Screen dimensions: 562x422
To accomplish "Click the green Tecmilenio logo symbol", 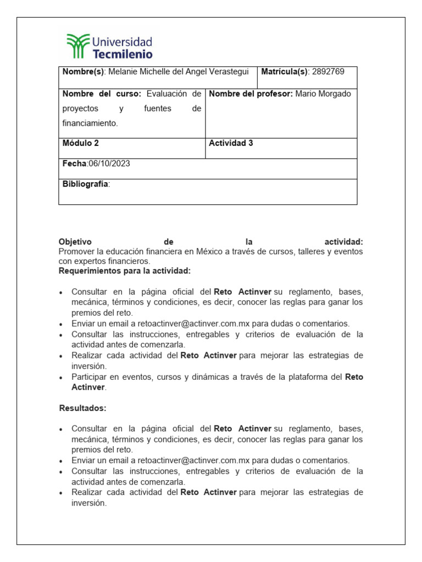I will pos(77,46).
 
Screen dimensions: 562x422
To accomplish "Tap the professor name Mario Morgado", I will pos(323,94).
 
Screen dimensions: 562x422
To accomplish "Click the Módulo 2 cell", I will pos(81,143).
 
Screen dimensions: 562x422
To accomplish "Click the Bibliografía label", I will pos(86,184).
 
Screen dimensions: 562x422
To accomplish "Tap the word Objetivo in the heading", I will pos(75,242).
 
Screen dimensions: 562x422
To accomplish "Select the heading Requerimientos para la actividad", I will pos(125,271).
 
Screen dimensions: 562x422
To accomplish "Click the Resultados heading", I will pos(82,408).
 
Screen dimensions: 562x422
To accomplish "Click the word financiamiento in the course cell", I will pos(90,123).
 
